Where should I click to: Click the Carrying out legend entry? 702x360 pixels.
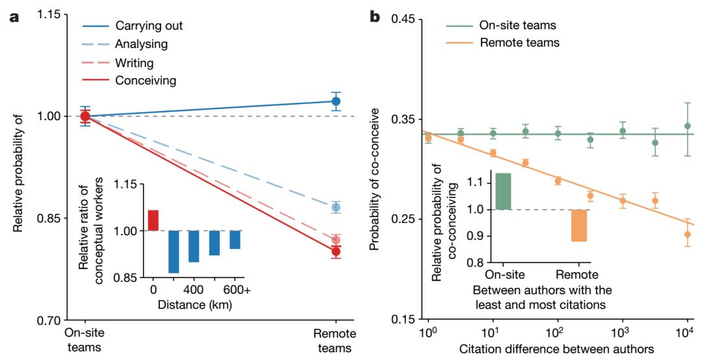[148, 27]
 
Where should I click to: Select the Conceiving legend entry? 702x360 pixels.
[145, 81]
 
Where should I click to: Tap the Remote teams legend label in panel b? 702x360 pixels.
[519, 44]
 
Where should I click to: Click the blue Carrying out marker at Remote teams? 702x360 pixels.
[335, 101]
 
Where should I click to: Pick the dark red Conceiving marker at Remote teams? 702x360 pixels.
[335, 251]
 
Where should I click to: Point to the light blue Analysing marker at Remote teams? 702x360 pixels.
[335, 207]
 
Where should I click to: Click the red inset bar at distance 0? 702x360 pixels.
[153, 220]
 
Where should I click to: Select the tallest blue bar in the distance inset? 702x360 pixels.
[174, 251]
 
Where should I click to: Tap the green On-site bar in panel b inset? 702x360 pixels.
[503, 192]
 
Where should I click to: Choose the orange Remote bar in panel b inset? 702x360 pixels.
[579, 225]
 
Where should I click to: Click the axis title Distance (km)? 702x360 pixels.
[194, 303]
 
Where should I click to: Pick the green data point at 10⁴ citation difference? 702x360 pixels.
[688, 126]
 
